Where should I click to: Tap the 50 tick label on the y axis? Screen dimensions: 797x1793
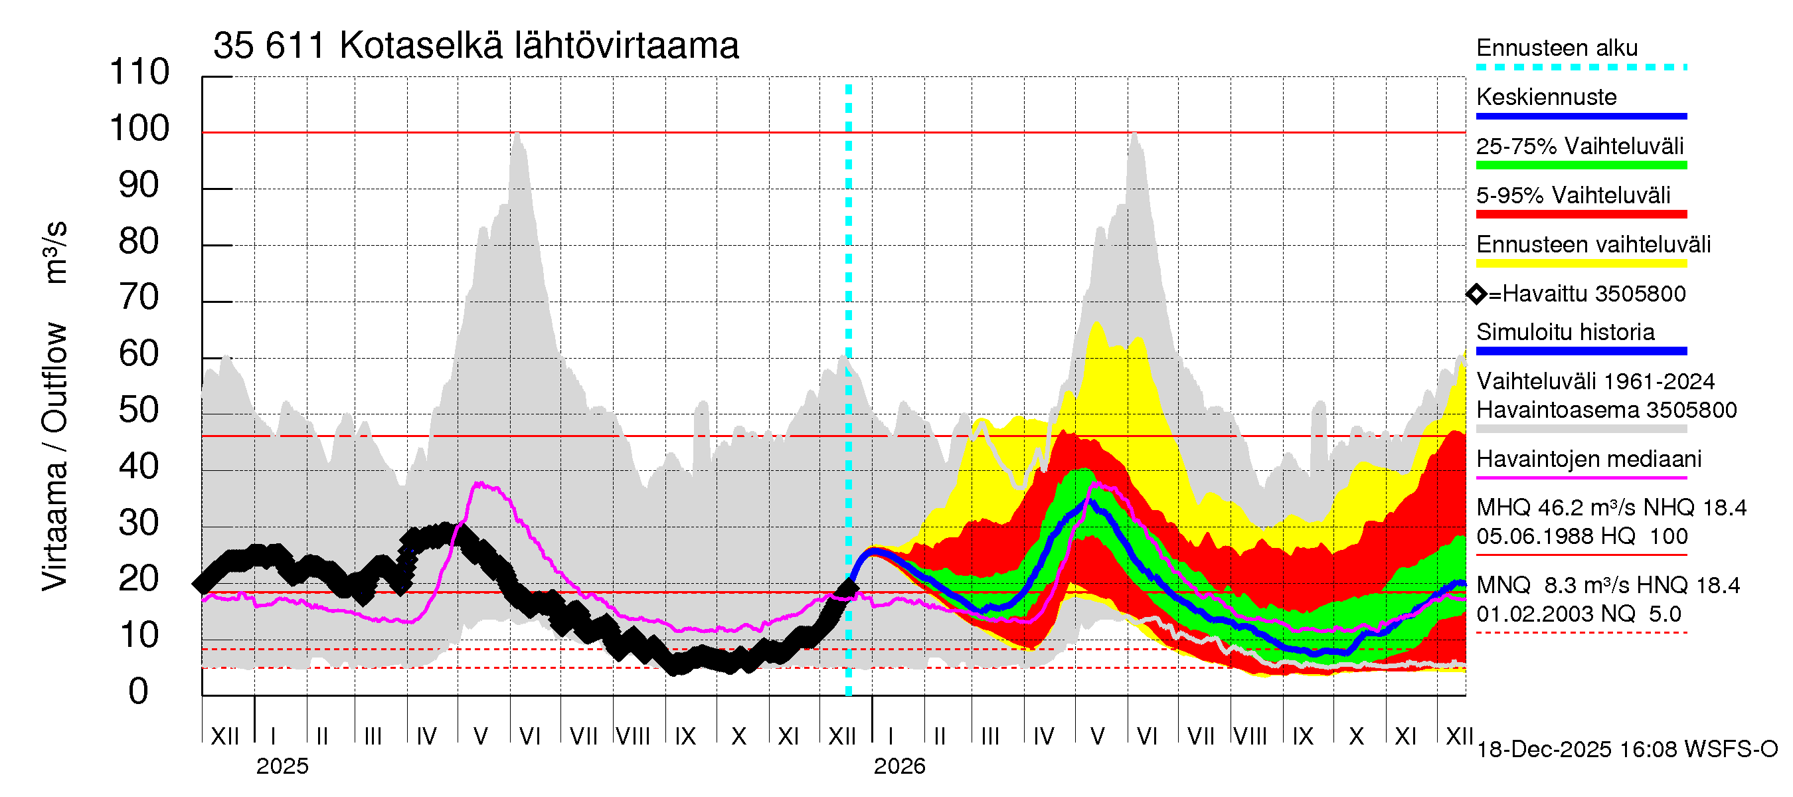click(x=139, y=410)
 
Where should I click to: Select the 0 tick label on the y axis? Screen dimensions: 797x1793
click(x=139, y=691)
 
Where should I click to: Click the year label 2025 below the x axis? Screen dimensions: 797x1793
click(x=282, y=766)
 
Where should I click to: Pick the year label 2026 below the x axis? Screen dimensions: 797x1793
click(x=899, y=766)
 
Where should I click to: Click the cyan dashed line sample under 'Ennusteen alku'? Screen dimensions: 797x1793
click(x=1580, y=68)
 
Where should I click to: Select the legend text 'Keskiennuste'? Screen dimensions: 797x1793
click(x=1546, y=97)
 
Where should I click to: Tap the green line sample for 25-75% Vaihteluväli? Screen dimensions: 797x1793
click(x=1580, y=165)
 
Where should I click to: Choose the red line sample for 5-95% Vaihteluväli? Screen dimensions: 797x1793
click(x=1580, y=215)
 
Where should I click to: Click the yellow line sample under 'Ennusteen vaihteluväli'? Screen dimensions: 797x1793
click(x=1580, y=264)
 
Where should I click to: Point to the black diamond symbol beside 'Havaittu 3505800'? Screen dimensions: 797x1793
click(x=1476, y=294)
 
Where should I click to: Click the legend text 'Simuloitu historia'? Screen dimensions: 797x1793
click(x=1565, y=332)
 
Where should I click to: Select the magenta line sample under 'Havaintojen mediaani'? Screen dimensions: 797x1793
click(x=1580, y=478)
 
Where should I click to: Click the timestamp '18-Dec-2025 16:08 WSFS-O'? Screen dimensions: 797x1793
click(x=1626, y=750)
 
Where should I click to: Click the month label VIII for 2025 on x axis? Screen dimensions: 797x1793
click(x=633, y=736)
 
